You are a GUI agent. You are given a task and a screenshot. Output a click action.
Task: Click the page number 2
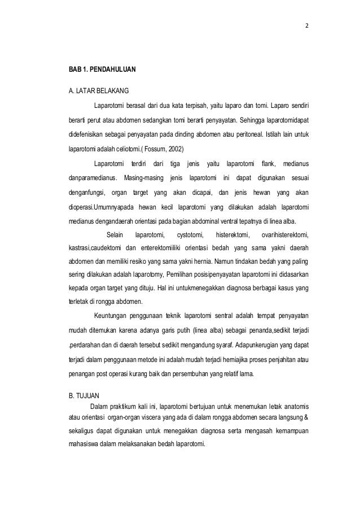coord(307,27)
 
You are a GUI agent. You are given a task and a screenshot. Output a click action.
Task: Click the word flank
coord(267,164)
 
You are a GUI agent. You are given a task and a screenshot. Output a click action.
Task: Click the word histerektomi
coord(231,236)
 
